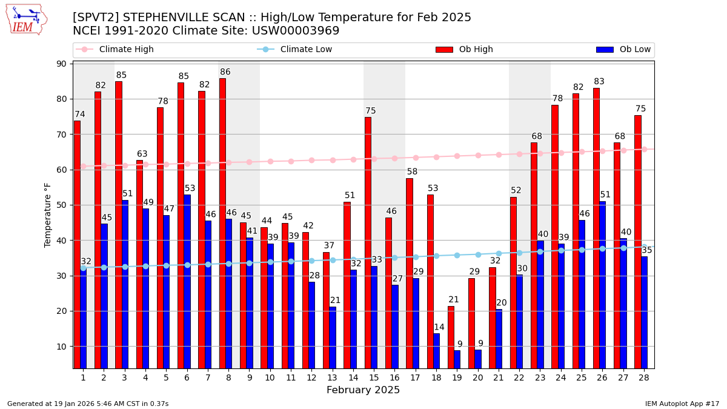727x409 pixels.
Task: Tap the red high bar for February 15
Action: click(368, 242)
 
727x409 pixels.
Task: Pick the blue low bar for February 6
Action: click(187, 281)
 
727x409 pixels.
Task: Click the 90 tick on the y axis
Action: click(61, 64)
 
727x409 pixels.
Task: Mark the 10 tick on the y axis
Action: click(61, 347)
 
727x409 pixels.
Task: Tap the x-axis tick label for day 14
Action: click(353, 377)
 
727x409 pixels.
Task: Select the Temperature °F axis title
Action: click(48, 214)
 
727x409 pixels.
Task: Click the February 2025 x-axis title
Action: click(363, 390)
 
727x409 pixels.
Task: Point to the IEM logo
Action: click(26, 19)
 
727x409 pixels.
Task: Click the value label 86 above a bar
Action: click(225, 72)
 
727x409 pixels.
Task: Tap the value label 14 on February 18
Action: click(439, 327)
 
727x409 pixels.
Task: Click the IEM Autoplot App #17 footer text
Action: click(682, 404)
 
